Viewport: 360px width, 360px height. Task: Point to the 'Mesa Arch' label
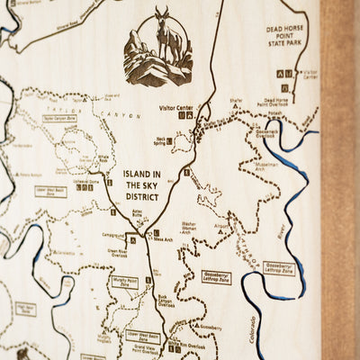[x=164, y=240]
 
